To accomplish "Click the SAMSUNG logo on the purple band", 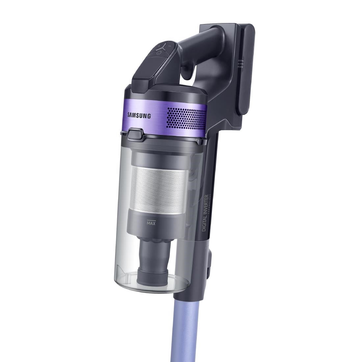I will (140, 116).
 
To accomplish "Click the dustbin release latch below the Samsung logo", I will (137, 134).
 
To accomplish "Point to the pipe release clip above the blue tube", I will (209, 263).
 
